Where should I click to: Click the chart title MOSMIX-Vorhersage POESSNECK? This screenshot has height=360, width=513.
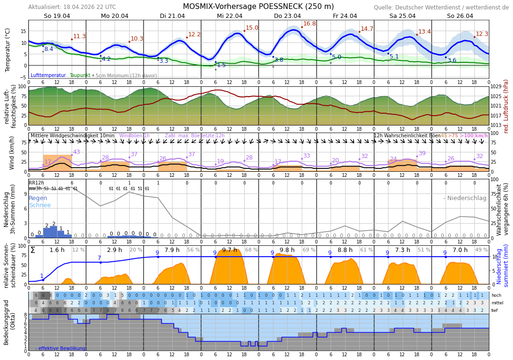(x=258, y=7)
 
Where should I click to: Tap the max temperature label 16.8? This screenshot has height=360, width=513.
(x=309, y=24)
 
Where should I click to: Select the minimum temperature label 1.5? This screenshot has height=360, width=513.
(x=221, y=65)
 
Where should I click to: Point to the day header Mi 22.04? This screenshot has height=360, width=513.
(x=230, y=16)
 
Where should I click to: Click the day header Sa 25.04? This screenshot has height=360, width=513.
(x=402, y=16)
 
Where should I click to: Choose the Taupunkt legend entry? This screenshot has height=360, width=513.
(x=80, y=75)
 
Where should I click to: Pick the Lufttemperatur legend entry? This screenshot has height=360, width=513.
(x=48, y=75)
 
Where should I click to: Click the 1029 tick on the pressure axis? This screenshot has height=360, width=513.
(x=496, y=87)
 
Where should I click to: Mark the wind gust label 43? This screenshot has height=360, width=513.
(x=76, y=152)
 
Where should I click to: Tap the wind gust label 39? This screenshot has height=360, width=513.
(x=422, y=153)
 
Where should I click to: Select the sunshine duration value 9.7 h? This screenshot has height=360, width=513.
(x=230, y=250)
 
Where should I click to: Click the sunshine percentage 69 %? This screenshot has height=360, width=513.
(x=309, y=250)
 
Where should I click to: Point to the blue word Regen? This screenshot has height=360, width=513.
(x=38, y=198)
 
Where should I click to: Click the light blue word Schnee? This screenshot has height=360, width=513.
(x=40, y=205)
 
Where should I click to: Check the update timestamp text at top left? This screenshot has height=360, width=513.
(x=72, y=7)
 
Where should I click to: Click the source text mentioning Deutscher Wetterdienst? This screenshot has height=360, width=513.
(x=441, y=8)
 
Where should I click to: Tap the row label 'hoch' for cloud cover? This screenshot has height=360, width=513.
(x=496, y=295)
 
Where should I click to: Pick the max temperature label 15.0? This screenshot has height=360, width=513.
(x=252, y=28)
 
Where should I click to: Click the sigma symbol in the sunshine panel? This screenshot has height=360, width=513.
(x=33, y=250)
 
